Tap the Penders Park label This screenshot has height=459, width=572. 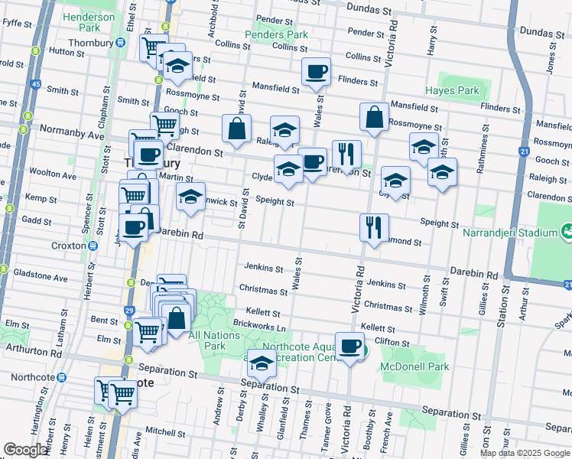276,34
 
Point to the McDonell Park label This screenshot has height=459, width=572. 411,366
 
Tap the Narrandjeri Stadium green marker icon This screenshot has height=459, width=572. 567,229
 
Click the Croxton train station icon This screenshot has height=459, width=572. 93,246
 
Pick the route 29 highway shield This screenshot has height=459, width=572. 129,310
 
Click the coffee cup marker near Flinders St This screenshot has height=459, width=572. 316,73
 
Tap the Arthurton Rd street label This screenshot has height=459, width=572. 34,353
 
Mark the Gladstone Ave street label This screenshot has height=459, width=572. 42,278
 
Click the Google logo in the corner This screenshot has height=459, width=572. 26,450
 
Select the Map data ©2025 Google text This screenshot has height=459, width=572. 524,453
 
